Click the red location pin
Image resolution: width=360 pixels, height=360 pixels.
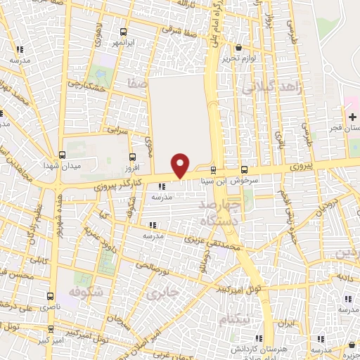pyautogui.click(x=181, y=165)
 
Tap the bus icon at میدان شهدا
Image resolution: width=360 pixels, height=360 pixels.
pyautogui.click(x=63, y=155)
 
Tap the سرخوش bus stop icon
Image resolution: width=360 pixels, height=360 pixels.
pyautogui.click(x=244, y=169)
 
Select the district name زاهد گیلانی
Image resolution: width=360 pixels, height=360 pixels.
pyautogui.click(x=271, y=88)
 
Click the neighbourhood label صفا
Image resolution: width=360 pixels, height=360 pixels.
pyautogui.click(x=137, y=84)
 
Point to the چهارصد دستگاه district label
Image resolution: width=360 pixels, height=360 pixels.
pyautogui.click(x=220, y=212)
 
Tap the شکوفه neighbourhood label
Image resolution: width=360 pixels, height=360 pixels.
pyautogui.click(x=87, y=290)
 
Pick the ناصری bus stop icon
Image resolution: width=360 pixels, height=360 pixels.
pyautogui.click(x=50, y=297)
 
